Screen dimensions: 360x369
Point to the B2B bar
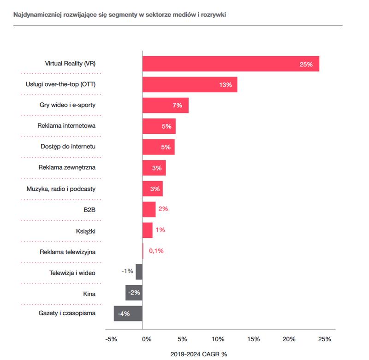point(149,209)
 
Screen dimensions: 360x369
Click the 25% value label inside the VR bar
point(306,64)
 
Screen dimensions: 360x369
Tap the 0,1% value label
point(156,251)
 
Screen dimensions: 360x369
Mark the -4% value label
point(123,313)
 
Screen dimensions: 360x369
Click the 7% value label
point(177,106)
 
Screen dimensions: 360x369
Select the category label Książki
point(85,230)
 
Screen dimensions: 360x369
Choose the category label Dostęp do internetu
point(68,147)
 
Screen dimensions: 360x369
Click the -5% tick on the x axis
point(111,339)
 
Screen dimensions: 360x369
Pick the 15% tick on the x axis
point(253,339)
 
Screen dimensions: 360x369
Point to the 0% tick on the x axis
point(146,339)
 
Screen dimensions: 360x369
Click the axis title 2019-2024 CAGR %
point(199,354)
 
